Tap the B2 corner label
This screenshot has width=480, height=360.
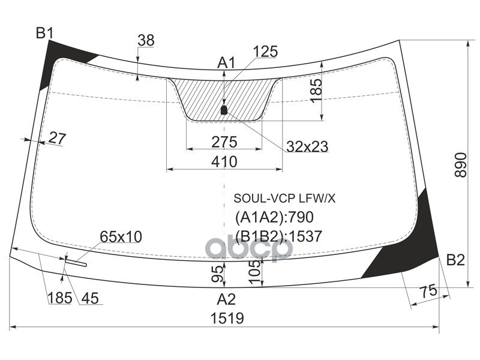tap(455, 260)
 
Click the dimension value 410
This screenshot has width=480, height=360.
tap(224, 161)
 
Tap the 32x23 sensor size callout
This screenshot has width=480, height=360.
tap(307, 146)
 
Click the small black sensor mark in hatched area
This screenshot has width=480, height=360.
tap(224, 110)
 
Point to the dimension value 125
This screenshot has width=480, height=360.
tap(265, 52)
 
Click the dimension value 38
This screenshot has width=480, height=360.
tap(146, 41)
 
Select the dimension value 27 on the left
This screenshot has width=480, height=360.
tap(56, 138)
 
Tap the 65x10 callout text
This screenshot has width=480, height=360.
tap(121, 237)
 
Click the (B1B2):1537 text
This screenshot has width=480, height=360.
tap(279, 236)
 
